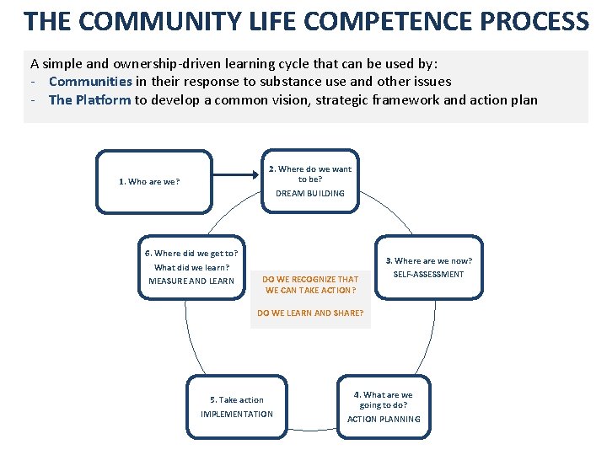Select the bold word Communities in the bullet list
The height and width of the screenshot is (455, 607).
pos(90,82)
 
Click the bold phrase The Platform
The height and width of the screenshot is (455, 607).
pos(89,100)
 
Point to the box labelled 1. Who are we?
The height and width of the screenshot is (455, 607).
pos(153,180)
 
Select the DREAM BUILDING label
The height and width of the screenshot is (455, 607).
pos(310,194)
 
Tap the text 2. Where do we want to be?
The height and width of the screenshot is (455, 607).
pos(310,174)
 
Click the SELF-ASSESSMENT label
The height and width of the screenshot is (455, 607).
pos(429,275)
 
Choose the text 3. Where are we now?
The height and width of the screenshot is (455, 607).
pos(429,261)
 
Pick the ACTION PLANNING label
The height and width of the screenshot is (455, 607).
pos(384,420)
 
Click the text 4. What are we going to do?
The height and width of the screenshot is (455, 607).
pos(384,399)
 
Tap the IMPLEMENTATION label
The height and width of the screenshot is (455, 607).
pos(237,415)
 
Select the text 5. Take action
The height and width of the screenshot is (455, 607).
pos(237,400)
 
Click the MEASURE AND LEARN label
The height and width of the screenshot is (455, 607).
pos(191,281)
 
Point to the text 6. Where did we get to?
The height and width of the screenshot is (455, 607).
pos(191,253)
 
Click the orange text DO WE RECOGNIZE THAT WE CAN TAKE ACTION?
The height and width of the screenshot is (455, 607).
pos(310,285)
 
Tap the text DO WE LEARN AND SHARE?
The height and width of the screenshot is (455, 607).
pos(310,313)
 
